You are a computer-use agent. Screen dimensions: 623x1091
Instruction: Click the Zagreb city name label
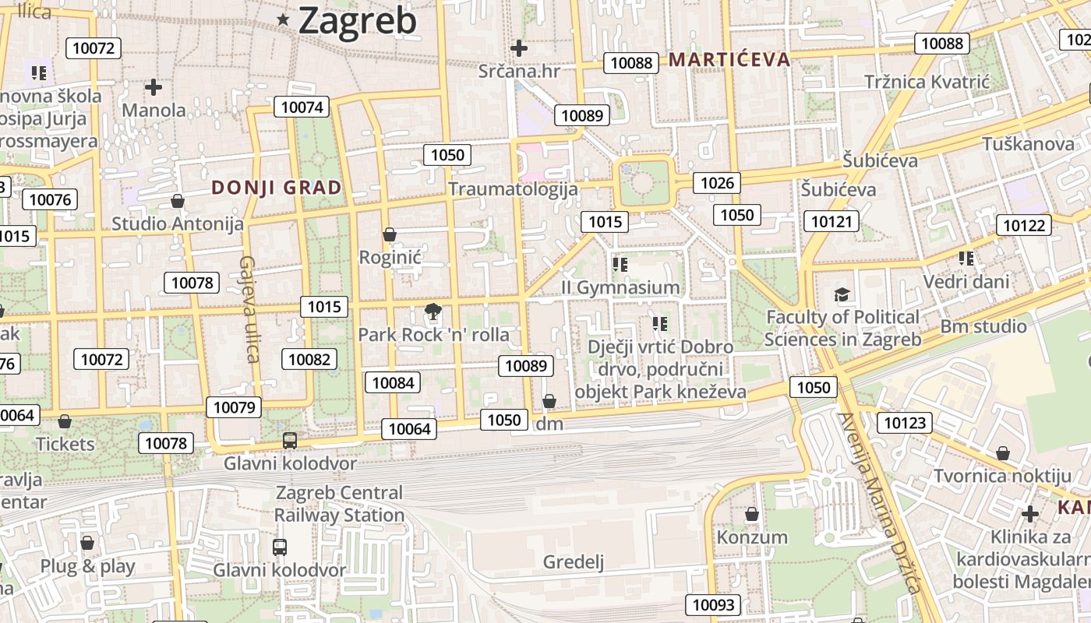pos(358,21)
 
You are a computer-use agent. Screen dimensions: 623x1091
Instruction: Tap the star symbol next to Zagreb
pos(283,21)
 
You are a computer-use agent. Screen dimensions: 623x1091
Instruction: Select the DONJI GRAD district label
pos(277,188)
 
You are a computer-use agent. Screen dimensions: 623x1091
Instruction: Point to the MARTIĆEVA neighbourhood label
pos(729,59)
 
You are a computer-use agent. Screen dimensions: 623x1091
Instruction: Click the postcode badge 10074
pos(302,107)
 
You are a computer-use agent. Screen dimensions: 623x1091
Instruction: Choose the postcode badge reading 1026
pos(717,183)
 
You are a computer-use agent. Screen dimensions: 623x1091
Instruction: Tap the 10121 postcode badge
pos(831,222)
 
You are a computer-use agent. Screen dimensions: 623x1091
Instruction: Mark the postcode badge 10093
pos(713,604)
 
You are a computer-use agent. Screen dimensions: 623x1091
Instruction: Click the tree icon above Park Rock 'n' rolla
pos(433,313)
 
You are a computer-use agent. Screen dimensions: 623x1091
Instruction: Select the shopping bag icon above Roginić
pos(390,234)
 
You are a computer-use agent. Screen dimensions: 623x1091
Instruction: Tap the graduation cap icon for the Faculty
pos(842,294)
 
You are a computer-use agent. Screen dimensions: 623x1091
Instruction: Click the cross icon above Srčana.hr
pos(518,48)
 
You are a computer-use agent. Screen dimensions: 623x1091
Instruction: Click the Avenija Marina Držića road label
pos(879,502)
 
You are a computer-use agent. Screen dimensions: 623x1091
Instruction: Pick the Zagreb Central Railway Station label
pos(339,504)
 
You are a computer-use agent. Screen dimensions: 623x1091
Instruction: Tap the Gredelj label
pos(574,562)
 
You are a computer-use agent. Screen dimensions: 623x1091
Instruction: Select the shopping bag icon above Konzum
pos(752,514)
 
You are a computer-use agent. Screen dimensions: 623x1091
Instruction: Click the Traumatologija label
pos(513,189)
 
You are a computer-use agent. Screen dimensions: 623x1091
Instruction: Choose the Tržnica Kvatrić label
pos(927,82)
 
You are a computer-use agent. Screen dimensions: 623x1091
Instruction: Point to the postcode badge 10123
pos(904,423)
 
